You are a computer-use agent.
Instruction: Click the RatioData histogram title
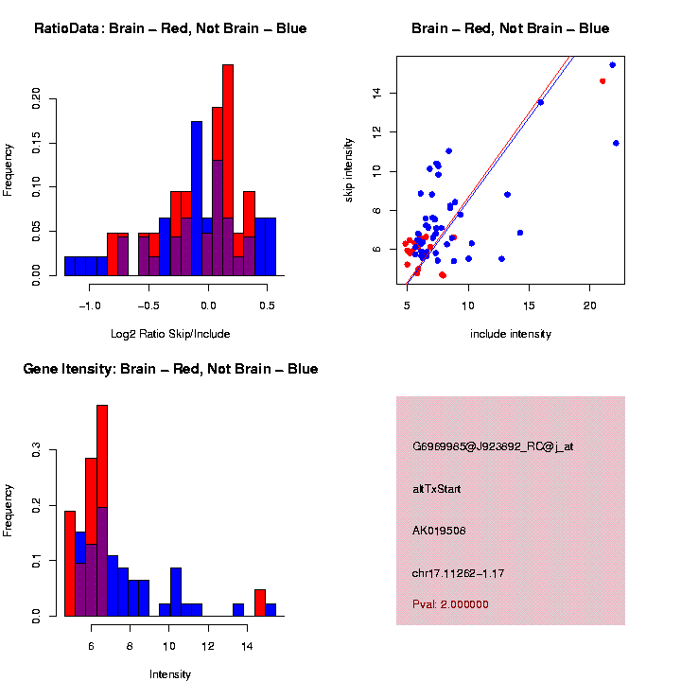point(170,28)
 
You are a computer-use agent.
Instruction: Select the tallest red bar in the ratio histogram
point(228,170)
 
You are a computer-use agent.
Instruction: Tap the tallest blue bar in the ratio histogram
point(197,199)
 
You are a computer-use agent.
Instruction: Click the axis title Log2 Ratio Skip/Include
point(169,334)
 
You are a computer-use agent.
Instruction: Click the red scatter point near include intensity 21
point(602,81)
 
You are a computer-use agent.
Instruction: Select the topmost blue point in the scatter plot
point(613,65)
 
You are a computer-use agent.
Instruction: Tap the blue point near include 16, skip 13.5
point(540,102)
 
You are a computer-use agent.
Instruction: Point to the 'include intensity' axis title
point(512,334)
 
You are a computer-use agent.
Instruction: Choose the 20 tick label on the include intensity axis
point(589,305)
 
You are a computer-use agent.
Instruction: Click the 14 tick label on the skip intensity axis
point(376,93)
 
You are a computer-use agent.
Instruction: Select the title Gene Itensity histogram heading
point(170,368)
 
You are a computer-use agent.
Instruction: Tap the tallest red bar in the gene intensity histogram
point(102,511)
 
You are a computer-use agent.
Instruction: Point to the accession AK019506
point(439,531)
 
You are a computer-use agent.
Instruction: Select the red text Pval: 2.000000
point(450,603)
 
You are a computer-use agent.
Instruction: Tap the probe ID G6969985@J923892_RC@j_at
point(493,446)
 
